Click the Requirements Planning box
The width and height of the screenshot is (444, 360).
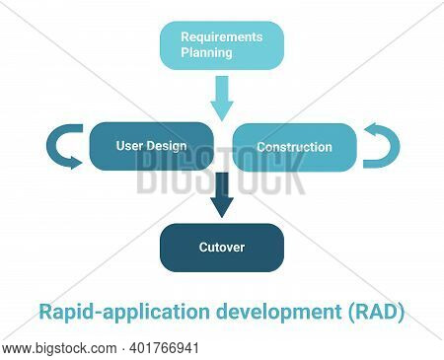[222, 45]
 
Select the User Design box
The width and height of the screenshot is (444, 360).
[152, 146]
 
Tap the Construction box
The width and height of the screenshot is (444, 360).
[295, 147]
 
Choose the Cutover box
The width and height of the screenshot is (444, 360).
[222, 248]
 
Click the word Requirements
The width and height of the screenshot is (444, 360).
[222, 37]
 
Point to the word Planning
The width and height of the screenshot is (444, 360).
[206, 53]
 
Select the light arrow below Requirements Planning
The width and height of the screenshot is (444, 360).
[222, 99]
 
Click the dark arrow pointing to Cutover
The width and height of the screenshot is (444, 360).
[222, 194]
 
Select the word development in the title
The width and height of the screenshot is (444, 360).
[279, 312]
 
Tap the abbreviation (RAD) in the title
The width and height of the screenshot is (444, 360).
[376, 312]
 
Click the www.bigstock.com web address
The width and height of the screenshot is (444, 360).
[59, 348]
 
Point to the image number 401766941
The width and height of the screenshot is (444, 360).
[165, 348]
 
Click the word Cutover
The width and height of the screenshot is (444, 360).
[222, 248]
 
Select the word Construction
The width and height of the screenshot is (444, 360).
[294, 147]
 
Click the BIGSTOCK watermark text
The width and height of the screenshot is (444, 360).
[221, 174]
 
